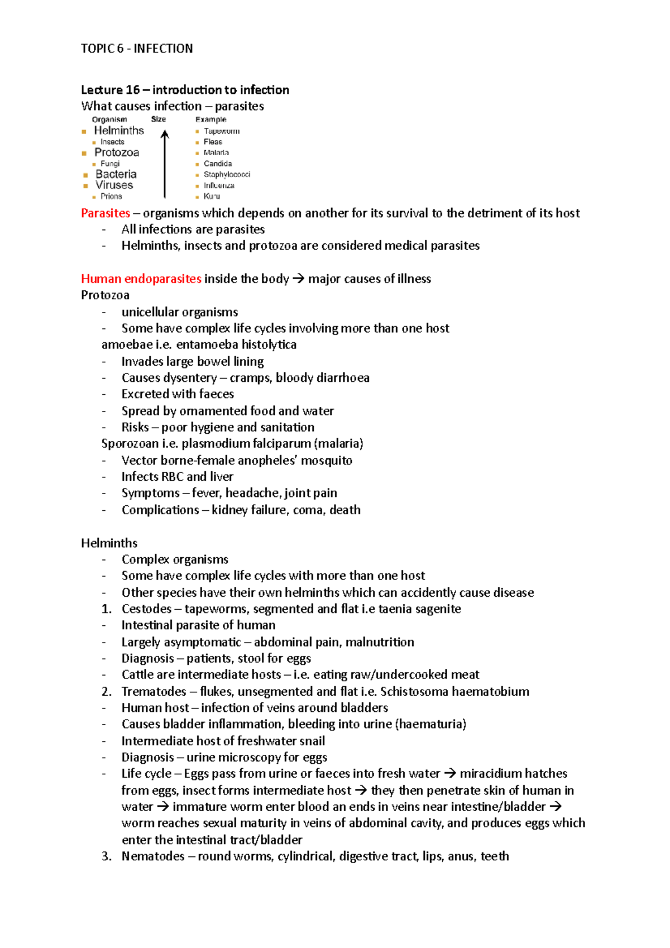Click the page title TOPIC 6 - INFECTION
(x=137, y=49)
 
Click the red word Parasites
(x=106, y=213)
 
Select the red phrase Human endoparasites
(x=141, y=279)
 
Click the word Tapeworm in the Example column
(x=221, y=131)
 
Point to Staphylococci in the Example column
(x=227, y=174)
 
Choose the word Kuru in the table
(x=212, y=196)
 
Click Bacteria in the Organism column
(x=116, y=174)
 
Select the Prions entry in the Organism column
(x=111, y=196)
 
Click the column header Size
(x=159, y=119)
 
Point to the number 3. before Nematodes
(x=107, y=856)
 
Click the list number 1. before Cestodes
(x=107, y=609)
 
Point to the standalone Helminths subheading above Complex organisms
(x=109, y=543)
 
